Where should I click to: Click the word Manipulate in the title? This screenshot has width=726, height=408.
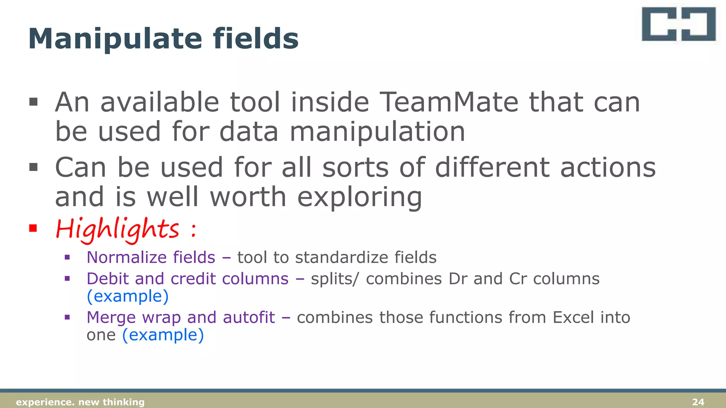(x=115, y=39)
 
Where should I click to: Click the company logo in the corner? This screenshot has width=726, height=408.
(x=678, y=24)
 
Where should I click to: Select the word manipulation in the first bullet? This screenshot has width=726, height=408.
(x=378, y=132)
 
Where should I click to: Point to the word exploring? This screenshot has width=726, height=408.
(x=359, y=197)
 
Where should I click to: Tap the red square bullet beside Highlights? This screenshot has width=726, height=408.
(x=33, y=228)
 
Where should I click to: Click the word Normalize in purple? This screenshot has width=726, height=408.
(x=124, y=257)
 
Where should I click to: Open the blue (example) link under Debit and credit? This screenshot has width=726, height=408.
(x=128, y=296)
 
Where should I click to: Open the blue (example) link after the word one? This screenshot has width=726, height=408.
(x=163, y=335)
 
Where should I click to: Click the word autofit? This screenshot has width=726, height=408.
(x=249, y=317)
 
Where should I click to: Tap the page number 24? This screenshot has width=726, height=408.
(x=698, y=402)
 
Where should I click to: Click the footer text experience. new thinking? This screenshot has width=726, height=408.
(x=80, y=402)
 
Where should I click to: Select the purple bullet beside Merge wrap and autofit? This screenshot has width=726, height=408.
(x=67, y=317)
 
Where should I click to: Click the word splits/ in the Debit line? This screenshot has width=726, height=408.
(x=335, y=279)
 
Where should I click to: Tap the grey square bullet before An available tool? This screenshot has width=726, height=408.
(x=33, y=102)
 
